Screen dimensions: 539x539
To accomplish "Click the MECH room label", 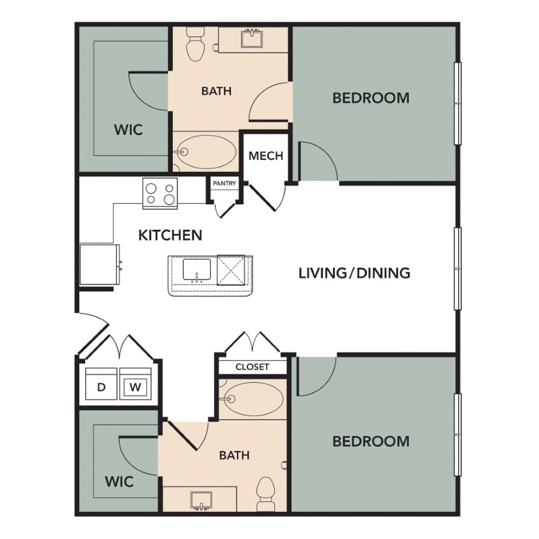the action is point(266,156).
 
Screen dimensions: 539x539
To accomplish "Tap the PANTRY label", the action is point(225,183).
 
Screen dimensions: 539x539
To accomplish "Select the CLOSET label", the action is point(252,367).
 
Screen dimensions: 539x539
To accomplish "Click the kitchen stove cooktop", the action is point(160,193).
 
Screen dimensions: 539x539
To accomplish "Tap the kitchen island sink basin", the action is point(196,269).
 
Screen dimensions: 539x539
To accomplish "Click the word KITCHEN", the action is point(170,235).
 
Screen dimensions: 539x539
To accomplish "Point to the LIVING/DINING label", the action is point(355,273).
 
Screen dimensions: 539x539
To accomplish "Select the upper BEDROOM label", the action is point(371,98).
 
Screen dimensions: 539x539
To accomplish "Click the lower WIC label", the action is point(119,482).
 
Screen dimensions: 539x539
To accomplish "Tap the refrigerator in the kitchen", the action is point(99,265).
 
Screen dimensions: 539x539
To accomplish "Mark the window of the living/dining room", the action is point(458,268).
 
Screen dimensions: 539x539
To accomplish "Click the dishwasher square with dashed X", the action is point(231,270).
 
